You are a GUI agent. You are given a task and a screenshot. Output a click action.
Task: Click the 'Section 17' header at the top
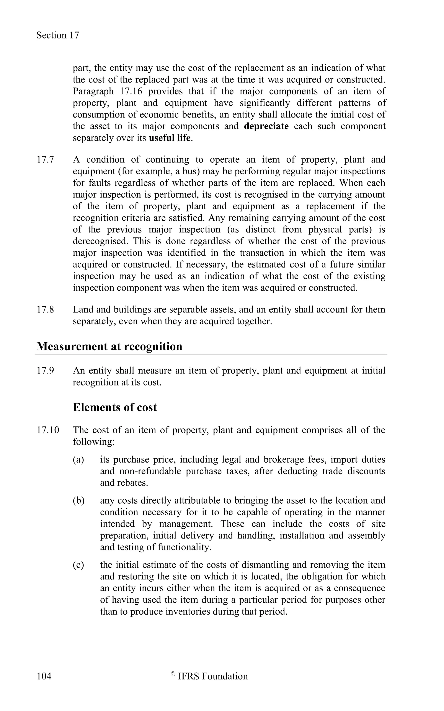58,35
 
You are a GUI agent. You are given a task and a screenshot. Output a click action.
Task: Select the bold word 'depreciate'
266,126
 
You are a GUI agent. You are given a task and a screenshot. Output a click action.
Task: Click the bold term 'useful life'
170,138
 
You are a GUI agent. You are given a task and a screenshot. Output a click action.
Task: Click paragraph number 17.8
45,309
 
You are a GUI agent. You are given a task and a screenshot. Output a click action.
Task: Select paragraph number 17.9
45,370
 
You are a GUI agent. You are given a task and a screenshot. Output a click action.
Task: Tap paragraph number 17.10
47,430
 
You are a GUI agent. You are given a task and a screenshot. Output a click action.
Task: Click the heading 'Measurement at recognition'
109,346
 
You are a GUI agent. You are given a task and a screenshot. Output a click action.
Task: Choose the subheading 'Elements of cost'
115,407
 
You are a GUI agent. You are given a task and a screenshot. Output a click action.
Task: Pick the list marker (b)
79,500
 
